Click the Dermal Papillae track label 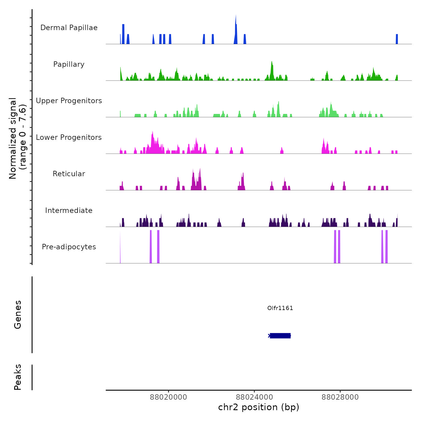(x=69, y=28)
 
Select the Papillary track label (x=69, y=64)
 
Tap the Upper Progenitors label (x=69, y=101)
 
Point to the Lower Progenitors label (x=69, y=137)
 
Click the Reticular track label (x=69, y=174)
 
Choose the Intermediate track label (x=69, y=210)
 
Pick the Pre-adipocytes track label (x=69, y=247)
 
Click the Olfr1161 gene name (x=280, y=308)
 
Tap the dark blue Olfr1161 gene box (x=280, y=336)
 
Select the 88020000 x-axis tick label (x=168, y=397)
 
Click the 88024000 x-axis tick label (x=254, y=397)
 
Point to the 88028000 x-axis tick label (x=340, y=397)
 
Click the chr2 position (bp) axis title (x=259, y=407)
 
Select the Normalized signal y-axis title (x=17, y=138)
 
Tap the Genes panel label (x=18, y=315)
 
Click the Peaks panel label (x=18, y=377)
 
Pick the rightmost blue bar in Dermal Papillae (x=397, y=39)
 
